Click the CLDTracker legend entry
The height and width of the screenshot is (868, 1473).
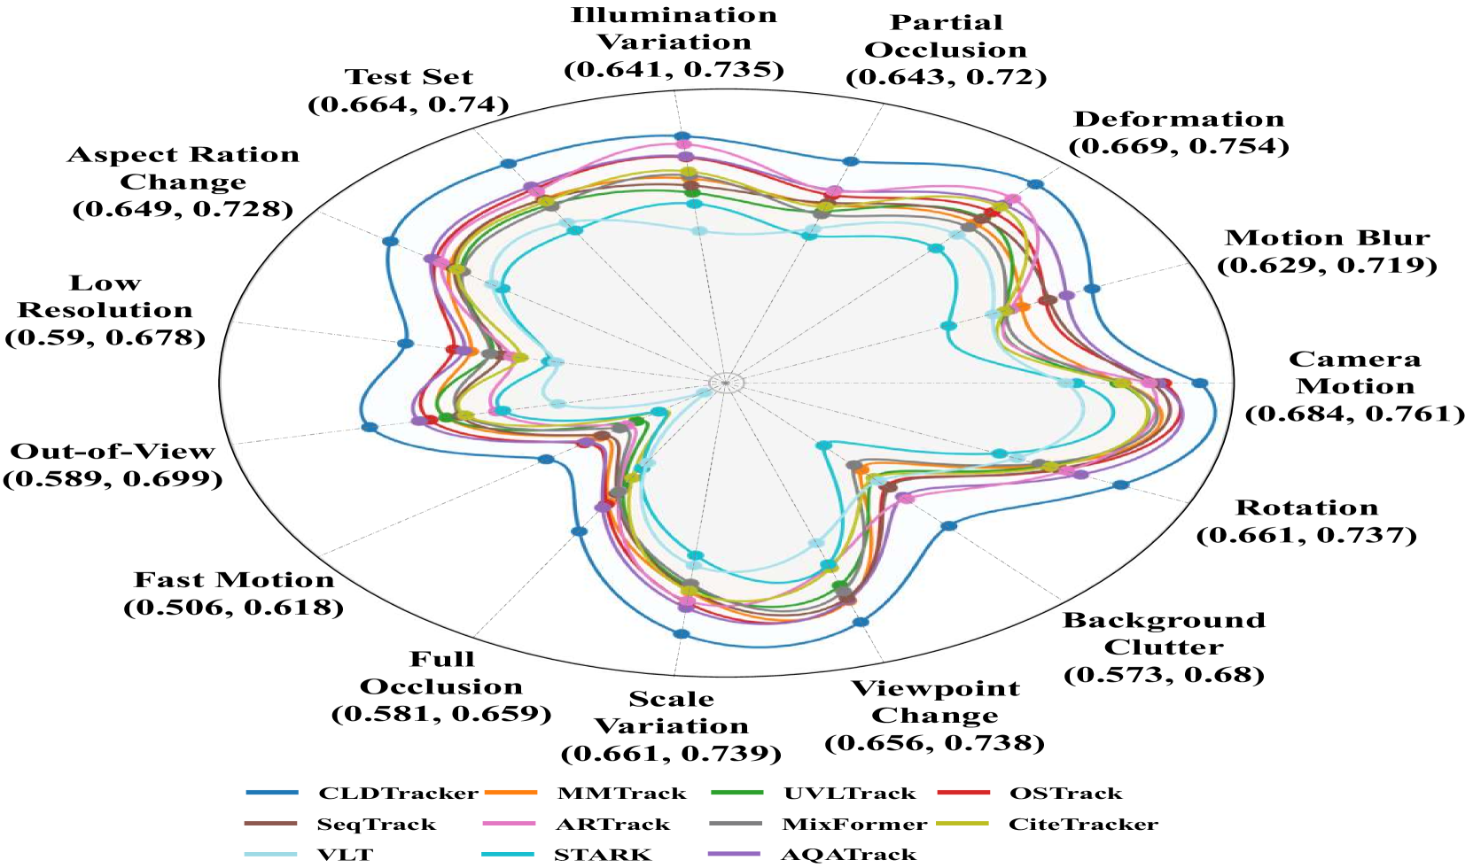click(398, 794)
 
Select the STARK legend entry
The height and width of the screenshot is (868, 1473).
click(602, 855)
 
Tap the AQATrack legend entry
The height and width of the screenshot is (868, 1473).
click(848, 855)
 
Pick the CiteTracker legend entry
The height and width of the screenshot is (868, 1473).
click(1082, 825)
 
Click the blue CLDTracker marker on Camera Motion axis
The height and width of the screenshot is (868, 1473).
click(1200, 384)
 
